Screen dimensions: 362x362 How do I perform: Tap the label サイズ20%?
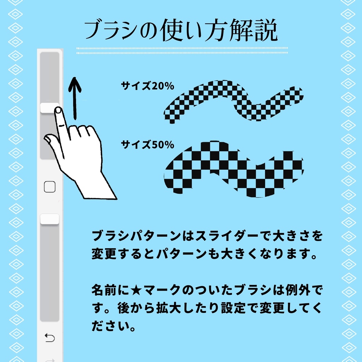(x=147, y=86)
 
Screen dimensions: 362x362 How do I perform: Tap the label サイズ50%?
(x=147, y=145)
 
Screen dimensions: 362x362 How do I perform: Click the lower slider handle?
(x=49, y=219)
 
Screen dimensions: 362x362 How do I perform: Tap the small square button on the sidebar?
(x=50, y=187)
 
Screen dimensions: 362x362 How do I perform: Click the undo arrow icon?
(x=50, y=338)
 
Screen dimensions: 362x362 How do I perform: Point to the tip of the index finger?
(x=58, y=111)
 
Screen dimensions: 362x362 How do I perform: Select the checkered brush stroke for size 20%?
(x=233, y=101)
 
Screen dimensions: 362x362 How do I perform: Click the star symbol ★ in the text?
(x=135, y=291)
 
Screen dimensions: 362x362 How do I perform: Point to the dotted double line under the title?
(x=182, y=50)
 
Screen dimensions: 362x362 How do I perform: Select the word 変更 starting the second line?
(x=103, y=254)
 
